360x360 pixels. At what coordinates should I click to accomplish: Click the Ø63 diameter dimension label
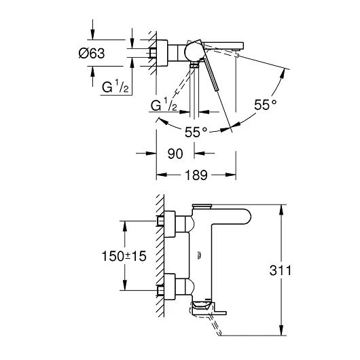point(92,53)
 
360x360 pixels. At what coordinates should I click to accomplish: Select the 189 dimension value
point(196,175)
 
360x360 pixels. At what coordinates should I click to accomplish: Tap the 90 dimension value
point(175,154)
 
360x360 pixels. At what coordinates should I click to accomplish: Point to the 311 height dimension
point(281,270)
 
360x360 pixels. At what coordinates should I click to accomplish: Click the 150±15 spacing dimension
point(124,256)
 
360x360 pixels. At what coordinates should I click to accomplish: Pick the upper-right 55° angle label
point(265,105)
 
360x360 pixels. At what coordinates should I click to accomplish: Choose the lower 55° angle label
point(196,132)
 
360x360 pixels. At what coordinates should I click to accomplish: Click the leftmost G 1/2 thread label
point(115,86)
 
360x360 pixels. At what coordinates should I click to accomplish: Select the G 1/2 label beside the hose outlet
point(164,105)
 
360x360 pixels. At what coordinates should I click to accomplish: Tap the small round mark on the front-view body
point(199,255)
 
